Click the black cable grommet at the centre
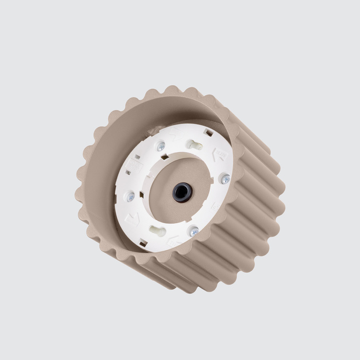coord(183,193)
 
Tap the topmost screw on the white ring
coord(161,147)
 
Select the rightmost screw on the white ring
coord(226,179)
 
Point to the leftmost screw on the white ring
coord(130,196)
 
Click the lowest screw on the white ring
coord(194,231)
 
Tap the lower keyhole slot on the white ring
coord(158,231)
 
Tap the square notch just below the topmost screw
coord(164,156)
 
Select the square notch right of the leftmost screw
coord(142,194)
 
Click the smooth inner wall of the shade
coord(105,173)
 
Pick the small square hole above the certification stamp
coord(137,156)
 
